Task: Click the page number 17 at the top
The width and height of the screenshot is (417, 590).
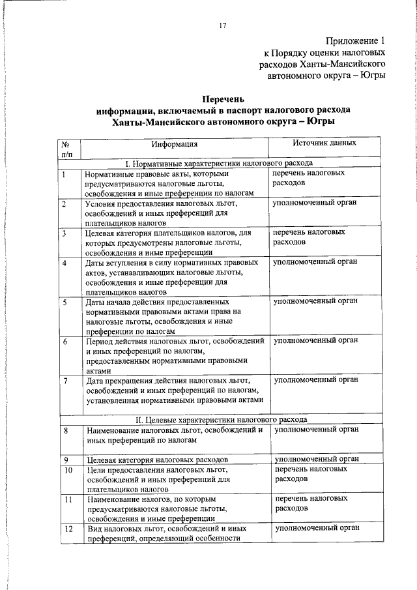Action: (223, 25)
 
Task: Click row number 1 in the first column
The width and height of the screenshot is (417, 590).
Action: (65, 174)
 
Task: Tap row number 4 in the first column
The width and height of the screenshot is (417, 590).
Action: (65, 263)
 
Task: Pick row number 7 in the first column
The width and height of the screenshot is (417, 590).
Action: (65, 380)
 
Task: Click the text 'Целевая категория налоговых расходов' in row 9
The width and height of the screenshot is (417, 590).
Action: (156, 460)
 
